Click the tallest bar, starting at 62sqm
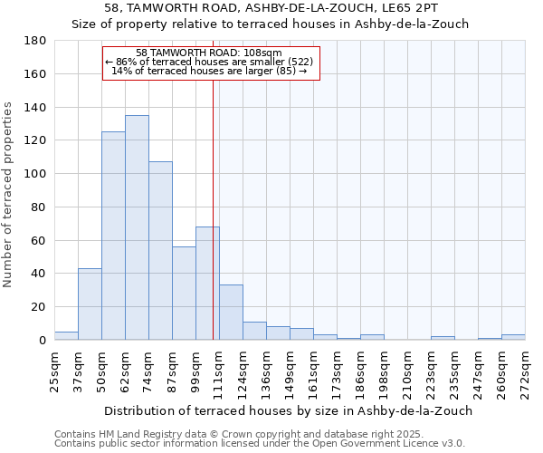(x=137, y=227)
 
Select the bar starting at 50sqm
(x=113, y=236)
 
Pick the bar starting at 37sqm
(x=90, y=304)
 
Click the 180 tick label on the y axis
(x=36, y=41)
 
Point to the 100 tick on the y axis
(x=36, y=174)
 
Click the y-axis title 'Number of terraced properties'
(x=8, y=195)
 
